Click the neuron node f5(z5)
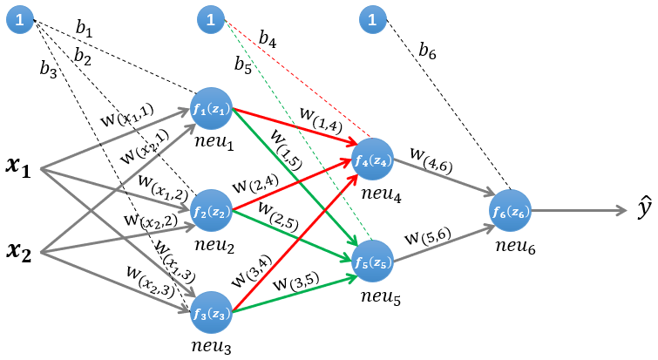tap(373, 261)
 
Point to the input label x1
tap(18, 169)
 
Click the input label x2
tap(18, 253)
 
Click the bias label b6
tap(427, 53)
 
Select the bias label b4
tap(268, 41)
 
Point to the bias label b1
tap(84, 30)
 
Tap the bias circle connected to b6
tap(373, 19)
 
